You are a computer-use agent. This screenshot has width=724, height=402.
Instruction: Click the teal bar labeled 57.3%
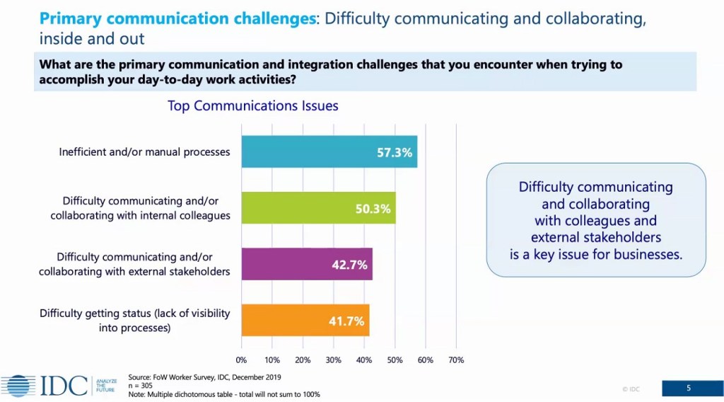coord(329,151)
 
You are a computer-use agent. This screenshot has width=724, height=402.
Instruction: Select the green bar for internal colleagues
coord(319,208)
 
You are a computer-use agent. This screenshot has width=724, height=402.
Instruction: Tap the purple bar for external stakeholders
coord(307,264)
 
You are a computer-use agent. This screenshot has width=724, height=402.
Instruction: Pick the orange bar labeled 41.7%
coord(305,320)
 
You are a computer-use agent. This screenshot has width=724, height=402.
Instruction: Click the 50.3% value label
coord(373,209)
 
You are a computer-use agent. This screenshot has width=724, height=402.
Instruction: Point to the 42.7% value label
coord(349,265)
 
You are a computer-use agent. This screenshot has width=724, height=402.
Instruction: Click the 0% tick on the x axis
coord(241,360)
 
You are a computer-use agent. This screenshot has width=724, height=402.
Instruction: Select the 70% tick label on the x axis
coord(456,360)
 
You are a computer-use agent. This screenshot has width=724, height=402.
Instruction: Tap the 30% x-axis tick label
coord(334,360)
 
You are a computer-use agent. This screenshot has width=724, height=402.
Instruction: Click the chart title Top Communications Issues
coord(252,106)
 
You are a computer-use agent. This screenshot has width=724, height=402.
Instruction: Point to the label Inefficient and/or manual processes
coord(144,152)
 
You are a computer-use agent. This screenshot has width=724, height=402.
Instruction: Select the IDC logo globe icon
coord(18,386)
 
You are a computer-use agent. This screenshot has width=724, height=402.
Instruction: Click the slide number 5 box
coord(689,388)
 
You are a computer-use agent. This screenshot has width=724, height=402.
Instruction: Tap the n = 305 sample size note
coord(141,386)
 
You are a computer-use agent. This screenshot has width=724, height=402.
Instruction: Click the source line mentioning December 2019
coord(204,377)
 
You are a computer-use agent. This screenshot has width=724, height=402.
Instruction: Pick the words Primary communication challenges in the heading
coord(177,18)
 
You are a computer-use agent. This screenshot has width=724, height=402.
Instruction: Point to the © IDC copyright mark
coord(631,389)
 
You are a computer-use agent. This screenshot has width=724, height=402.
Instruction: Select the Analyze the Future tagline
coord(106,385)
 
